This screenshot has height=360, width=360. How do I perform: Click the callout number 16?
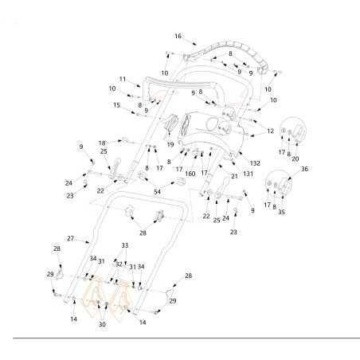pos(178,36)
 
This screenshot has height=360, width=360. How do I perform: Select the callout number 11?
pos(123,79)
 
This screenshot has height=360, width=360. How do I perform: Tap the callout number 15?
pos(116,105)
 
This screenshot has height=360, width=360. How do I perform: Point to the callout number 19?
pos(170,144)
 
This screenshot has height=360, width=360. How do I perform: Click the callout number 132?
pos(255,163)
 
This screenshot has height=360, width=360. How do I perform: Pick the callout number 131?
pos(248,174)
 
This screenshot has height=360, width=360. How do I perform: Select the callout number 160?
pos(190,174)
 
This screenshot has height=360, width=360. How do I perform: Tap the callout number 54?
pos(157,192)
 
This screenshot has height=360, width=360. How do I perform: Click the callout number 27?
pos(70,238)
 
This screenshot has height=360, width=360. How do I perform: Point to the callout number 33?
pos(125,245)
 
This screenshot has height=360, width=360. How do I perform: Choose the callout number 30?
pos(102,324)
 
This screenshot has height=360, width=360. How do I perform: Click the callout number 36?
pos(305,169)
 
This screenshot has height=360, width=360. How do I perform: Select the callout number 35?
pos(281,212)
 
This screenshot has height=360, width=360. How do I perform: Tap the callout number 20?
pos(295,158)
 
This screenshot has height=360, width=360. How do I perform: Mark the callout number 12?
pos(270,131)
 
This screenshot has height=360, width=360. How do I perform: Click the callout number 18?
pos(102,143)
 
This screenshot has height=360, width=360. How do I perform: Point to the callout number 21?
pos(234,176)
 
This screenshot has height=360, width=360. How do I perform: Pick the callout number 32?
pos(119,264)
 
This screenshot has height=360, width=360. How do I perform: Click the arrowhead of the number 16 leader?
pos(195,44)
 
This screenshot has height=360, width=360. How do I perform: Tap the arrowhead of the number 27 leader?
pos(88,241)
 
